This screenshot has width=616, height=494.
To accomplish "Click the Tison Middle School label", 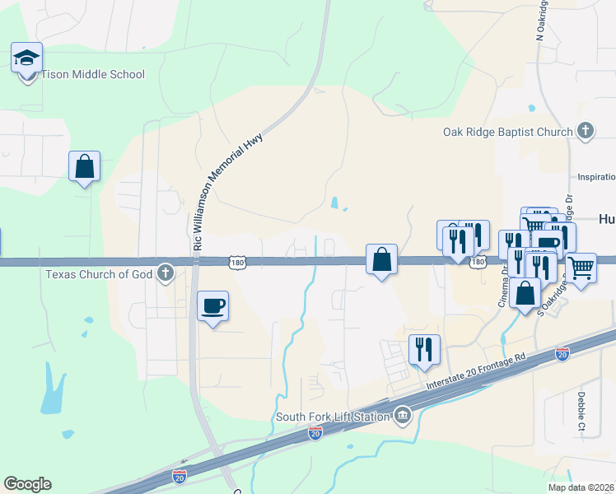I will [x=93, y=75].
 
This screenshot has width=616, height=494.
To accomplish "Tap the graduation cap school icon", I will [x=26, y=58].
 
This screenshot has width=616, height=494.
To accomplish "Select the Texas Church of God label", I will [x=100, y=273].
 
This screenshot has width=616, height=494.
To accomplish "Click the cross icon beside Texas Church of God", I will [x=166, y=273].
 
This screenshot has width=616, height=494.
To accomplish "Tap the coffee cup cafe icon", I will [x=213, y=305].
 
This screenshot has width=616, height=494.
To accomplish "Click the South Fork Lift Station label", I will [x=333, y=417].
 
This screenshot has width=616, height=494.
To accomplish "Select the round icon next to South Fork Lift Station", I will [x=402, y=414].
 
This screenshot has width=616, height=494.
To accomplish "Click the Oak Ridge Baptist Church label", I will [x=507, y=132].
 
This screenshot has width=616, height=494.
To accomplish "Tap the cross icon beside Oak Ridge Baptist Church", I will [x=585, y=131].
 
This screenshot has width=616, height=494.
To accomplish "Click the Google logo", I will [x=27, y=484].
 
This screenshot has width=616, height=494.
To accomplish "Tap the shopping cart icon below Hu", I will [x=581, y=267].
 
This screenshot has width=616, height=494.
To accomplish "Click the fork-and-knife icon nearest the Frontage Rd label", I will [x=424, y=349].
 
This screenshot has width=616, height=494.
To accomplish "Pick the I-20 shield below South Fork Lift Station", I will [x=315, y=432].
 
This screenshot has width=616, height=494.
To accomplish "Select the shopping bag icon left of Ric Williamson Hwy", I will [x=84, y=167].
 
